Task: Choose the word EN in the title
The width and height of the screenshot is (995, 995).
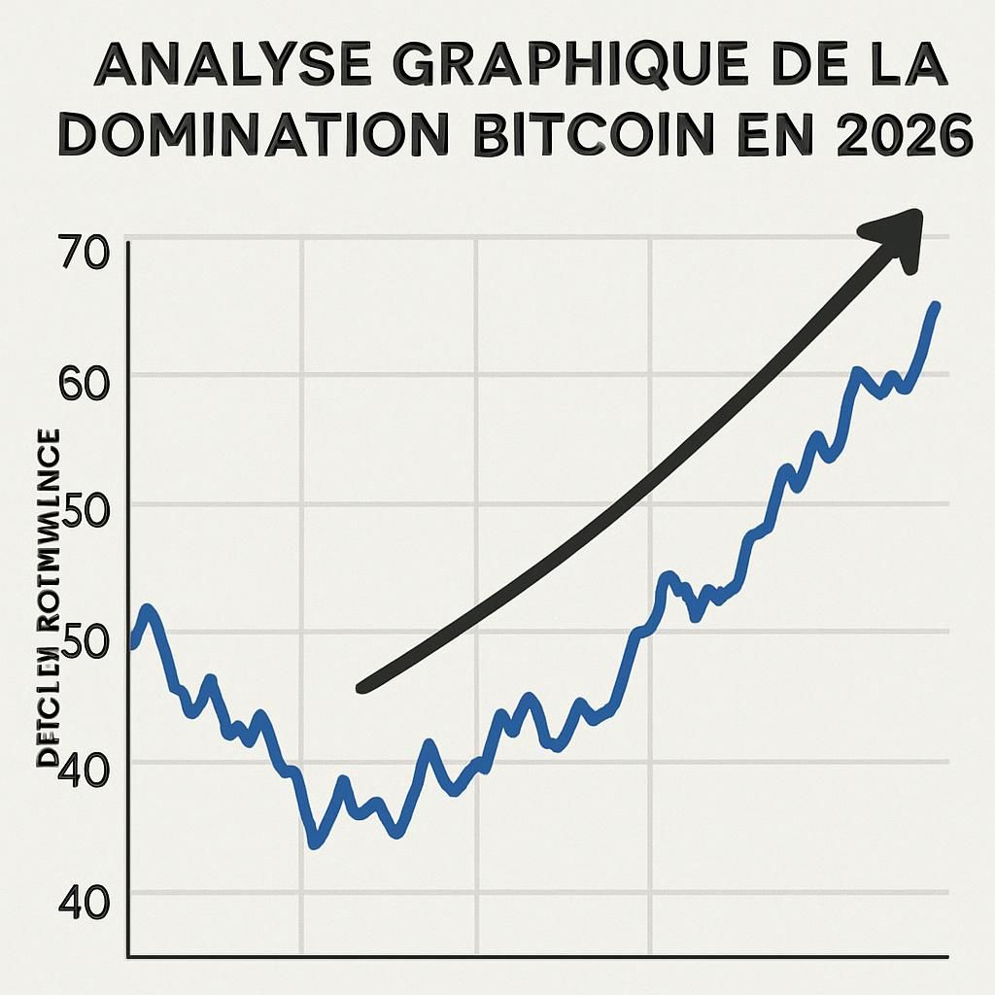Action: click(x=783, y=137)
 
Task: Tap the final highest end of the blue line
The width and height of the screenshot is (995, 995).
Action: click(x=936, y=306)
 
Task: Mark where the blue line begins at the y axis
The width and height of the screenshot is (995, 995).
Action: click(x=132, y=643)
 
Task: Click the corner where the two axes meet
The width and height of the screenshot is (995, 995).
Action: click(x=129, y=957)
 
